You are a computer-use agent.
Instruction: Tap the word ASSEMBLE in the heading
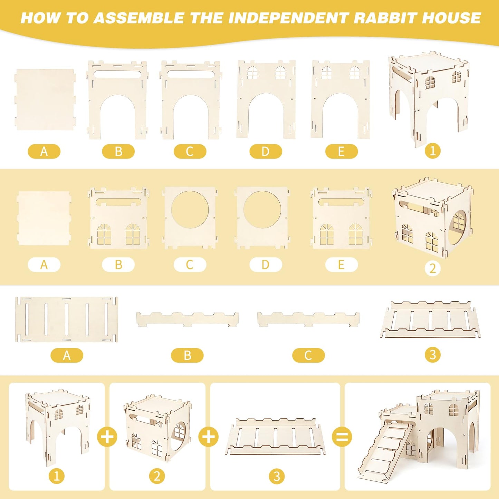tap(138, 18)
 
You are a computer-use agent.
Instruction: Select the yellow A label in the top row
tap(44, 152)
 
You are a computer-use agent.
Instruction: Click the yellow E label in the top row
tap(342, 152)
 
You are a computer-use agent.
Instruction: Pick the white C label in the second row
tap(190, 265)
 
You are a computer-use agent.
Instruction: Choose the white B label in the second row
tap(118, 265)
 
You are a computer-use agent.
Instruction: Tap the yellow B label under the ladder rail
tap(187, 355)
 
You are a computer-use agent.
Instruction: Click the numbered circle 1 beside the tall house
tap(433, 151)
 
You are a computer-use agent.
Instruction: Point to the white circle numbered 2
tap(433, 268)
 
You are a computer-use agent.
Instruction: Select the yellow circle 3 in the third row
tap(433, 355)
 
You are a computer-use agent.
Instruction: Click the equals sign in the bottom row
tap(342, 437)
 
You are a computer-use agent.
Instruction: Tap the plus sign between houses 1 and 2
tap(107, 437)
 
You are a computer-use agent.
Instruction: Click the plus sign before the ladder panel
tap(209, 437)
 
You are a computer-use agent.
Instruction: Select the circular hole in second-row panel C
tap(190, 210)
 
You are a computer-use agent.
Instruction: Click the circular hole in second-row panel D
tap(262, 210)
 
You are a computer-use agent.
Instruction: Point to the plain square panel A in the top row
tap(45, 100)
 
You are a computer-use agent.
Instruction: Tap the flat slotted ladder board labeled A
tap(67, 319)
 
